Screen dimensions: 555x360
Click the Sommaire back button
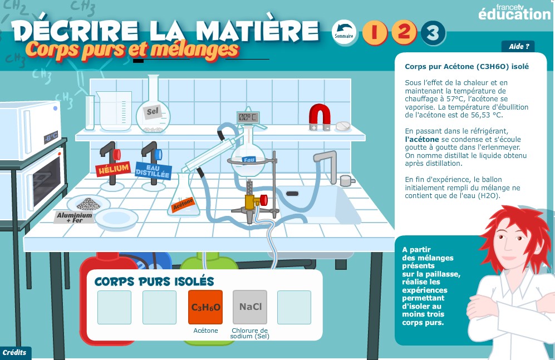344,32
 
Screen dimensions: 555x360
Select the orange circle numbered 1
375,32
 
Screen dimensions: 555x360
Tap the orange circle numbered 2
404,32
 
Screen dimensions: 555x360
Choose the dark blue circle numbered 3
433,33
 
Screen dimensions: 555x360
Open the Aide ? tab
518,46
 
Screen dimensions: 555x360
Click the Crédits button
15,353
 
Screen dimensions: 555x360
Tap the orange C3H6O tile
205,307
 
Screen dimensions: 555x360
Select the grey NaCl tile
250,307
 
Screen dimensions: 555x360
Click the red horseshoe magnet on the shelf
320,117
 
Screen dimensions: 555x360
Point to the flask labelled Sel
153,112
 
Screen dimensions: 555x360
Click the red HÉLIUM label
113,169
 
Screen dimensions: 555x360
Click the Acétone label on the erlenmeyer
183,205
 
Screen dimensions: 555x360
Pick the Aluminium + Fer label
75,217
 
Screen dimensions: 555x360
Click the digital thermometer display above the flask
247,117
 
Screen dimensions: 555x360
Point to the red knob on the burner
264,200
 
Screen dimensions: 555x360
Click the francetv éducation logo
514,12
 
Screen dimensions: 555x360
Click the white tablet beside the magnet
342,126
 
